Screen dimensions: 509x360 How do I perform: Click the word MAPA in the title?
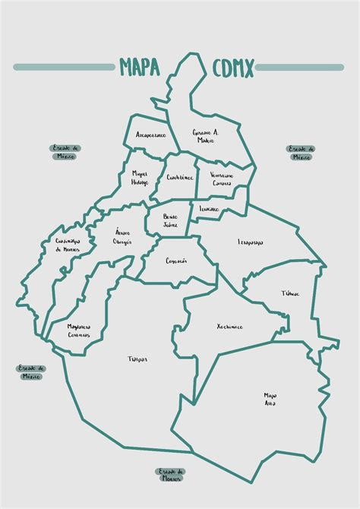click(139, 68)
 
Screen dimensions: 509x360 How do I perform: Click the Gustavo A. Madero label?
click(205, 134)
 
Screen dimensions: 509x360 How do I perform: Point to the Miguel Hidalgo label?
click(139, 178)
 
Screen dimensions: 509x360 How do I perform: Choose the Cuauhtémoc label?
click(180, 177)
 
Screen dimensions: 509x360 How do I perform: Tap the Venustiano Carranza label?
click(221, 179)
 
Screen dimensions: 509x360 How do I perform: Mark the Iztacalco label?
click(209, 207)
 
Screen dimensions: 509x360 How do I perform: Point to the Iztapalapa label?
click(251, 242)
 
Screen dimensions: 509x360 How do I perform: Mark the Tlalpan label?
click(137, 359)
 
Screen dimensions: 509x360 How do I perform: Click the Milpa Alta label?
click(270, 399)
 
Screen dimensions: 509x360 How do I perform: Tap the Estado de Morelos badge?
click(171, 475)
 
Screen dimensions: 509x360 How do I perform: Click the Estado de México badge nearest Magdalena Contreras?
click(31, 371)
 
